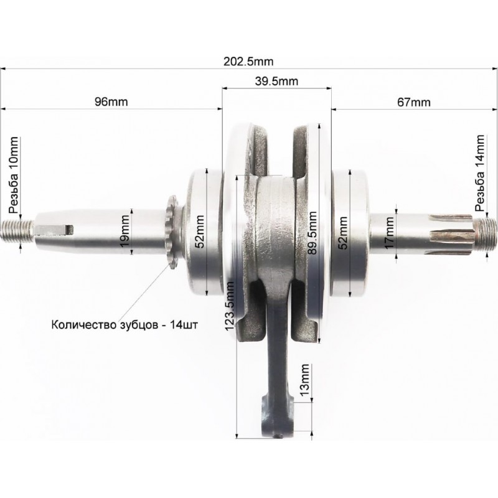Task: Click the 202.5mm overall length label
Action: point(248,61)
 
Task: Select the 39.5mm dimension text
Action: point(276,82)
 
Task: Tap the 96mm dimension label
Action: point(111,101)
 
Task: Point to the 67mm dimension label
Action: point(414,102)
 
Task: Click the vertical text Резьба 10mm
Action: point(14,176)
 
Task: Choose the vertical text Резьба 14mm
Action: point(480,173)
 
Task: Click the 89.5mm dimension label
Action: point(313,233)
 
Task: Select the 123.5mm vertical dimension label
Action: point(229,306)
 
